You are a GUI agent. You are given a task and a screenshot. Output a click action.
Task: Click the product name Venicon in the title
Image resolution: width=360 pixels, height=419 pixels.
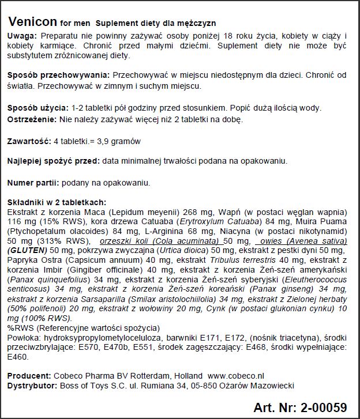point(32,22)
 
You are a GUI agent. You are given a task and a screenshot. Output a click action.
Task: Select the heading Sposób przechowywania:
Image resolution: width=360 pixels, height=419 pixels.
point(58,76)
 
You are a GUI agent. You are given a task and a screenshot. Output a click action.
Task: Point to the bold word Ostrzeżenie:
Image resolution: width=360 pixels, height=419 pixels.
point(32,119)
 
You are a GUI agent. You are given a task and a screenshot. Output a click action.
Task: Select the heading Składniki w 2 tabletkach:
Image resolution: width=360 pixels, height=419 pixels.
point(56,202)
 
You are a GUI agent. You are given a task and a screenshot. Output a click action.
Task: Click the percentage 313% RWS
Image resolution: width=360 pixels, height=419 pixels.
point(53,241)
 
